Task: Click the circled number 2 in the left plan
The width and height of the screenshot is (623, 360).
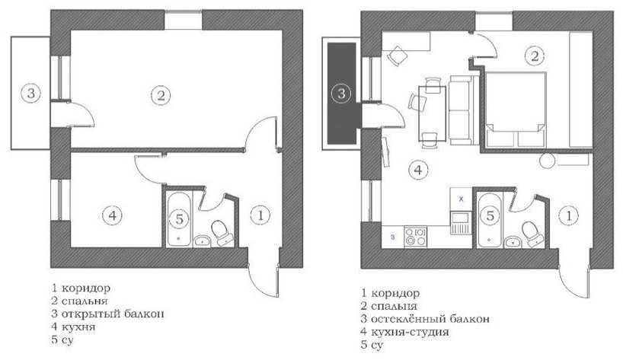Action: (161, 95)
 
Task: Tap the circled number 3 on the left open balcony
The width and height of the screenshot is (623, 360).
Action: (30, 94)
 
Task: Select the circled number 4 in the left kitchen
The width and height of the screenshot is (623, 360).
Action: (113, 215)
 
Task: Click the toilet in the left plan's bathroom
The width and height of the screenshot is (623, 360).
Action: (222, 233)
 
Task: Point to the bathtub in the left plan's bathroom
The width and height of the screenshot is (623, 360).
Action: (179, 218)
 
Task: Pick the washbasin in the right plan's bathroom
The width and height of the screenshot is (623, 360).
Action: (513, 242)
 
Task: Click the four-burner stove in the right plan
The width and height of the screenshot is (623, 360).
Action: (415, 237)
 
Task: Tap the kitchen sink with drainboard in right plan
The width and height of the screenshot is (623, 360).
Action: (461, 223)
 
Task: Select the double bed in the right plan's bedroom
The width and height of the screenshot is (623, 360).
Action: (516, 109)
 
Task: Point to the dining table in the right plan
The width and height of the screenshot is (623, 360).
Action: (433, 113)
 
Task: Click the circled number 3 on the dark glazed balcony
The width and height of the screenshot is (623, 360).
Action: (341, 94)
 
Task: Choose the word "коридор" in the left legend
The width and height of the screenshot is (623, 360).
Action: (86, 288)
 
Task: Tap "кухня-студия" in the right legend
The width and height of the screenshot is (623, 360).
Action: (410, 332)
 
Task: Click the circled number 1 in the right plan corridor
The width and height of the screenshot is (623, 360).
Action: (569, 215)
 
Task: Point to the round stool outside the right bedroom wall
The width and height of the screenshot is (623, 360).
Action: (548, 161)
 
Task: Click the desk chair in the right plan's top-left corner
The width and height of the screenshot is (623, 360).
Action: (397, 56)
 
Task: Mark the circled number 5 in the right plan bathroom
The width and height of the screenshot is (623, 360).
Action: (490, 215)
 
